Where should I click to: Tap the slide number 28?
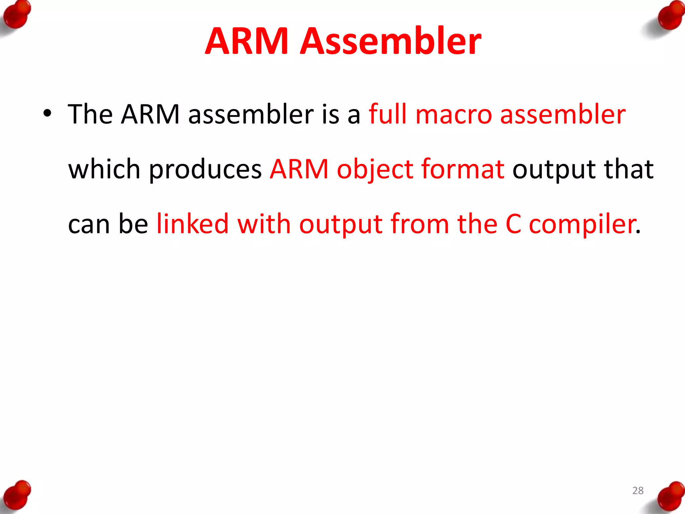[x=638, y=491]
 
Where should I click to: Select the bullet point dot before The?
[x=47, y=113]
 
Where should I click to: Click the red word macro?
[x=454, y=114]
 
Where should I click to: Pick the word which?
[x=104, y=169]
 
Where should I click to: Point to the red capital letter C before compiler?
[x=513, y=224]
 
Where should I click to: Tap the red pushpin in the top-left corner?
[x=16, y=15]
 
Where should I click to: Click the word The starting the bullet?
[x=90, y=114]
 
